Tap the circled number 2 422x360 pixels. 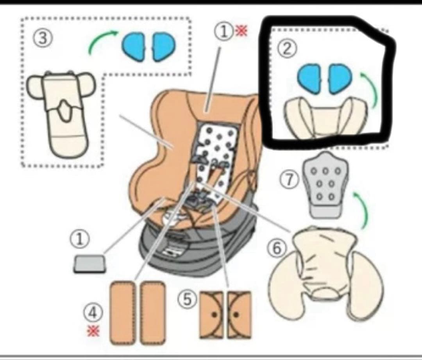(x=286, y=49)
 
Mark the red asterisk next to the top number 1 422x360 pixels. (x=241, y=30)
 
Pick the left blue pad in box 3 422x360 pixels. (x=133, y=46)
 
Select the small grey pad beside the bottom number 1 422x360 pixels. (x=89, y=264)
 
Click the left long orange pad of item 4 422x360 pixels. (x=123, y=313)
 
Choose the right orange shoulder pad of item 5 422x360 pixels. (x=239, y=315)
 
